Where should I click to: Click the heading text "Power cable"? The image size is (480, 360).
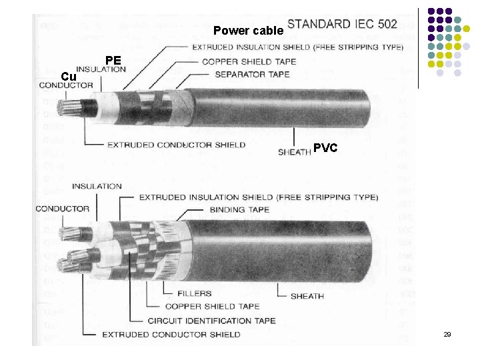(x=248, y=31)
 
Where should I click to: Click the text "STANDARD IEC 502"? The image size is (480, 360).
(x=342, y=24)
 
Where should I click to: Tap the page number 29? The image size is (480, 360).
(x=447, y=334)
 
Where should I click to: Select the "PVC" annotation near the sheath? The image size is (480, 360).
(x=325, y=148)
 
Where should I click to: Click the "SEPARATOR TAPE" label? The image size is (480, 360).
(x=252, y=74)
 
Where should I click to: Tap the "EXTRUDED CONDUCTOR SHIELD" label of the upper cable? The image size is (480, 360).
(x=176, y=145)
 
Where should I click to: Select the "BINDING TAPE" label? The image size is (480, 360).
(x=240, y=209)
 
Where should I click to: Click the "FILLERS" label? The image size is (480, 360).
(x=195, y=293)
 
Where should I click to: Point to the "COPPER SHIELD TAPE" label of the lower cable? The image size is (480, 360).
(x=212, y=307)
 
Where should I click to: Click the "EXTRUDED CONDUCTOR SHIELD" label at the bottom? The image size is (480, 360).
(x=171, y=334)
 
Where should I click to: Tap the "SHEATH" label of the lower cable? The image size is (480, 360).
(x=307, y=296)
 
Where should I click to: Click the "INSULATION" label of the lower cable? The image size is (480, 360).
(x=97, y=186)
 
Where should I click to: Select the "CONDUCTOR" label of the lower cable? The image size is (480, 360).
(x=63, y=209)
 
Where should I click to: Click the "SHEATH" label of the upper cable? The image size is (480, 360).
(x=294, y=152)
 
